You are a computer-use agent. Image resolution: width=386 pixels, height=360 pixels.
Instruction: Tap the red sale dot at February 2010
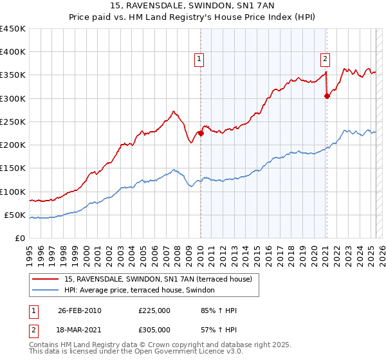click(201, 134)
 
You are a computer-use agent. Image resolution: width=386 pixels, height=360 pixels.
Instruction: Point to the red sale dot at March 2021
click(327, 96)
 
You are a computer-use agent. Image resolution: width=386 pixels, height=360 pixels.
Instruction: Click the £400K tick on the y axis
click(13, 52)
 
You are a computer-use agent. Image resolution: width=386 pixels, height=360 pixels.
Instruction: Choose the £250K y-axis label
click(13, 122)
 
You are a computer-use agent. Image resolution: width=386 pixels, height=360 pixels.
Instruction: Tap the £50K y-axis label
click(15, 215)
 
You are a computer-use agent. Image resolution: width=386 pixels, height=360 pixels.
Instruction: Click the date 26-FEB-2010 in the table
click(80, 310)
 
